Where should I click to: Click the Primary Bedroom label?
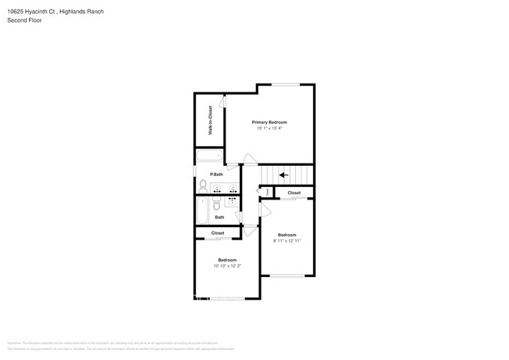point(269,122)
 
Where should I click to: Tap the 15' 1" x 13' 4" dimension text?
point(269,129)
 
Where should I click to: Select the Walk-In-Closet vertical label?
point(210,121)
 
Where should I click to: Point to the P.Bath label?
point(216,174)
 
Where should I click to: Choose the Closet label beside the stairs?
point(294,193)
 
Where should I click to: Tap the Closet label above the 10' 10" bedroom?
point(218,233)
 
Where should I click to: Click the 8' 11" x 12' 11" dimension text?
point(287,241)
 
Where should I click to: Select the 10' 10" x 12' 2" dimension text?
point(227,266)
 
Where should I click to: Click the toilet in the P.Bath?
point(203,186)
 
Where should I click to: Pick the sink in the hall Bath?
point(232,200)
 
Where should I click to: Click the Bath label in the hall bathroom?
point(220,218)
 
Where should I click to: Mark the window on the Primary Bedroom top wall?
point(285,85)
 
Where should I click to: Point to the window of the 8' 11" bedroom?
point(287,275)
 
